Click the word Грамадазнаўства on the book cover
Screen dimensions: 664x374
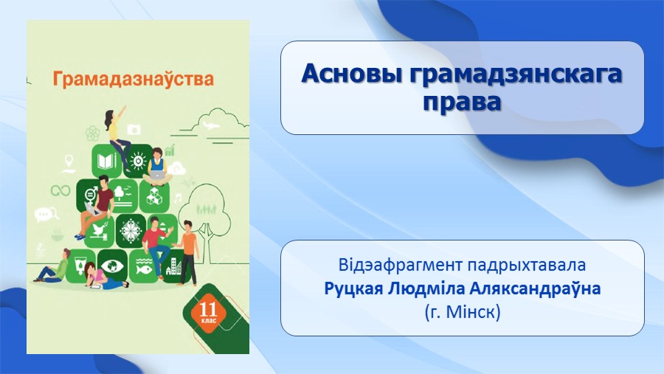point(134,79)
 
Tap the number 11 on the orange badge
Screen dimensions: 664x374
point(208,310)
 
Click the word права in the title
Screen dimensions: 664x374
point(462,102)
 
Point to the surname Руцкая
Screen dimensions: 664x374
point(354,289)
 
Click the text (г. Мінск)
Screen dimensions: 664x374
point(463,313)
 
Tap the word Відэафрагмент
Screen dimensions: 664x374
point(400,265)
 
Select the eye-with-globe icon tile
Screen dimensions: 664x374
point(112,266)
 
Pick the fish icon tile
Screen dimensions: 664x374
point(143,266)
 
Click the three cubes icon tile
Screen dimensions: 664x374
point(154,196)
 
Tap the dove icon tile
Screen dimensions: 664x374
point(100,232)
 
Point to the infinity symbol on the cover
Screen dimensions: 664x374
point(60,190)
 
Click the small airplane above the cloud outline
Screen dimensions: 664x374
point(211,125)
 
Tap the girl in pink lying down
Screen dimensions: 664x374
point(104,277)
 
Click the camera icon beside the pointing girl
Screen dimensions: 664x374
point(134,129)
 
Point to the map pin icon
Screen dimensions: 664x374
point(69,164)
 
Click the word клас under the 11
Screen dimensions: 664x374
point(208,321)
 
